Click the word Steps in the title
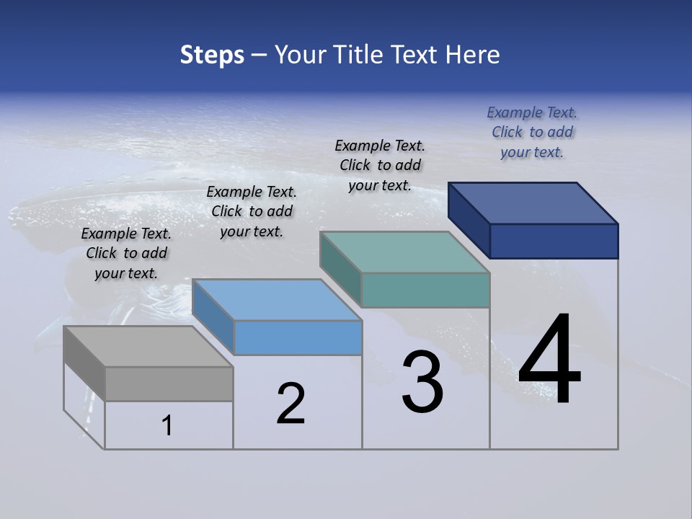pos(212,55)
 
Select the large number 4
pos(549,360)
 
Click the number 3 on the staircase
pos(422,382)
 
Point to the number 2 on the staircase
pos(290,403)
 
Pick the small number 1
pos(167,425)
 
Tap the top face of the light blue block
pos(277,299)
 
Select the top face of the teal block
pos(404,252)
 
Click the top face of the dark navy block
pos(532,203)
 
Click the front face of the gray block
pos(169,383)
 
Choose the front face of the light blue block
pos(298,337)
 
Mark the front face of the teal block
pos(425,290)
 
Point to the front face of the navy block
pos(554,241)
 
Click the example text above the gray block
pos(126,253)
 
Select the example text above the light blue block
pos(252,211)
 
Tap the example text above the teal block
pos(380,165)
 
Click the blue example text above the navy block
pos(532,132)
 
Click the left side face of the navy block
pos(469,219)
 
